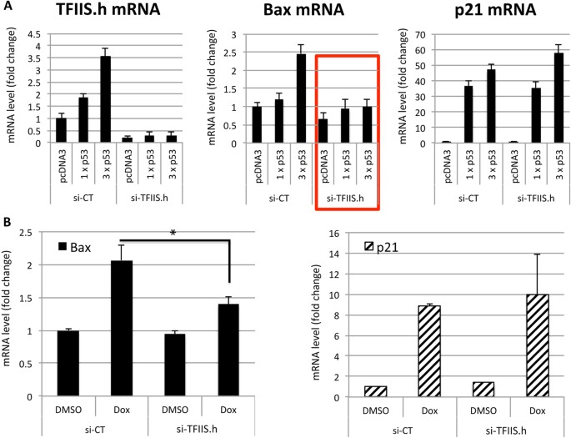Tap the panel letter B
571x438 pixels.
tap(7, 224)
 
